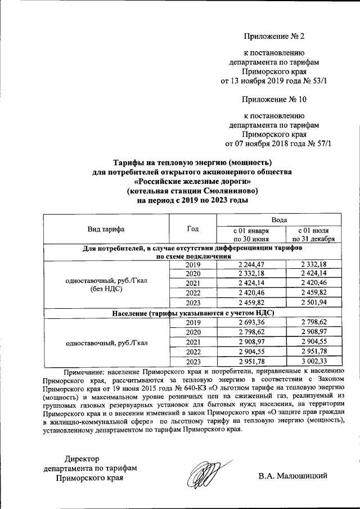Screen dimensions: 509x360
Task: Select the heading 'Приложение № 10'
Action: [x=274, y=100]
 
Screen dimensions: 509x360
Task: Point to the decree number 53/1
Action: [x=317, y=82]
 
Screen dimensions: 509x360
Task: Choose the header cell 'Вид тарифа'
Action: [x=106, y=229]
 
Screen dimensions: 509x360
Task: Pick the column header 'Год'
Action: [x=192, y=229]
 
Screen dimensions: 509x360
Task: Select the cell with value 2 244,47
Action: [x=251, y=264]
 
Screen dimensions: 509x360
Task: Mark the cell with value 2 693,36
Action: [x=251, y=322]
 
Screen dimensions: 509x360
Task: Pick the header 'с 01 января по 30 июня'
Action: [x=251, y=235]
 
